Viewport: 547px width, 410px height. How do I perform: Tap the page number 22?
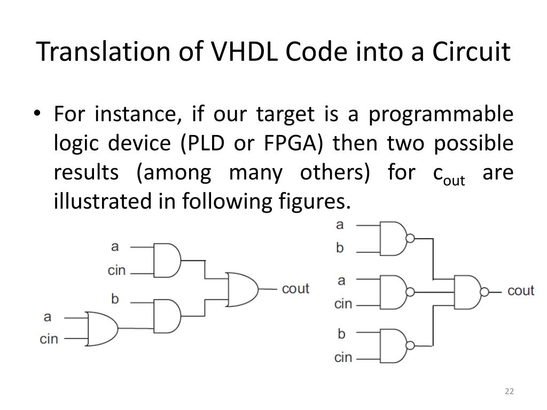(509, 392)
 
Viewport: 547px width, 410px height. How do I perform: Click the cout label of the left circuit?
(295, 289)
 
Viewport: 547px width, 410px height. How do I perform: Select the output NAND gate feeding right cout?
(467, 291)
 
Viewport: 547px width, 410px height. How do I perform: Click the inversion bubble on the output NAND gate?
(485, 292)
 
